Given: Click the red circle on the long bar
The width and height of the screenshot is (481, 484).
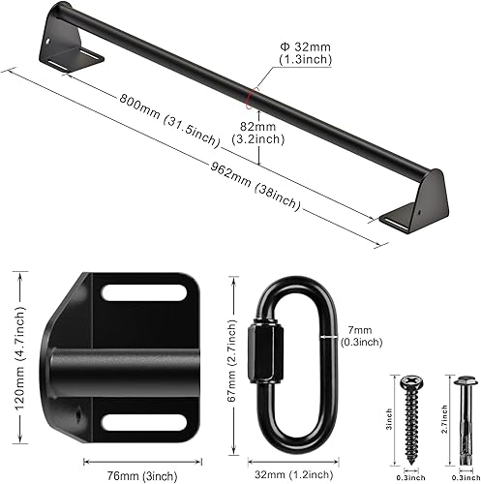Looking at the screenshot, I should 253,95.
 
